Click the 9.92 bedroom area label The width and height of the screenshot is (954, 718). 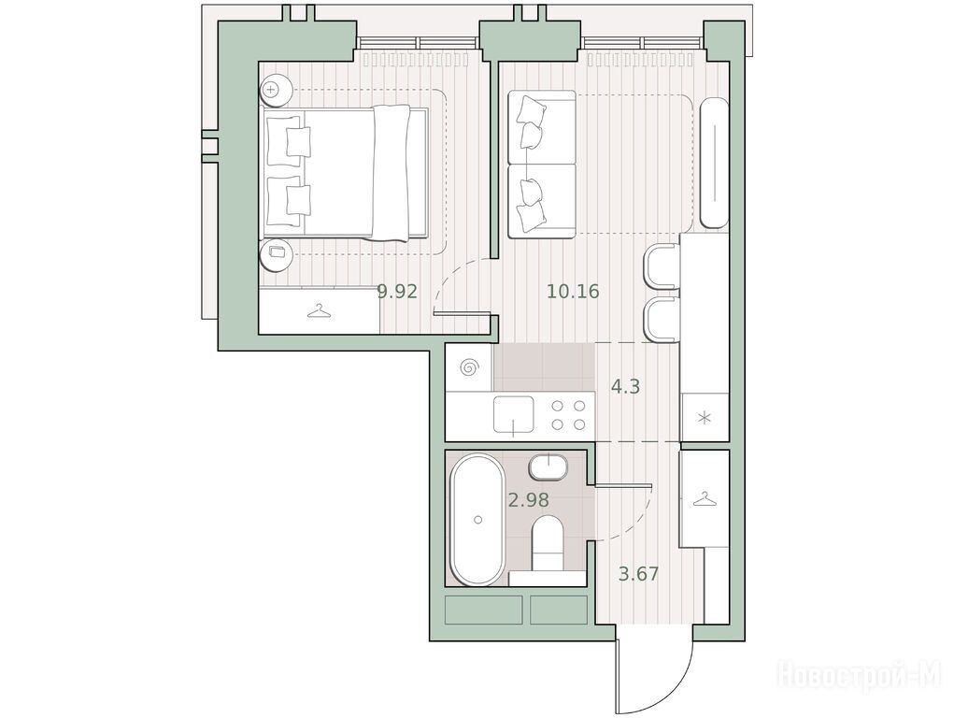(397, 292)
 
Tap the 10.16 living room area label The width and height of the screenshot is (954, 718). (573, 292)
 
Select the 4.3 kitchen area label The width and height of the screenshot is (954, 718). (625, 387)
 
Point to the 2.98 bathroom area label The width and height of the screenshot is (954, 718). (529, 500)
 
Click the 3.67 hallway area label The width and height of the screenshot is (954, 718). (639, 574)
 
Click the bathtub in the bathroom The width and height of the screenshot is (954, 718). (477, 520)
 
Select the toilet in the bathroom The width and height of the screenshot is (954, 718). (547, 542)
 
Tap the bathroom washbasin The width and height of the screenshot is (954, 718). (548, 467)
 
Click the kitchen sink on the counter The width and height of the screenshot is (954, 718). (514, 415)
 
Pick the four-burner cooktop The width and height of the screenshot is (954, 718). (568, 415)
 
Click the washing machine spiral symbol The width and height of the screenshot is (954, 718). (469, 367)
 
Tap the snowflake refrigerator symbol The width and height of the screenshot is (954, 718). (705, 419)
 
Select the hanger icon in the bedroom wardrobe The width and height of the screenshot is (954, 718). (320, 312)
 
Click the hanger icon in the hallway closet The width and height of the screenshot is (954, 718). (704, 499)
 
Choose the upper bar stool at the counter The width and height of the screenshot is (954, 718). (662, 266)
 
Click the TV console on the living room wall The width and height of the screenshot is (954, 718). (714, 163)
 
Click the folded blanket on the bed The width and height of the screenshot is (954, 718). (392, 172)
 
